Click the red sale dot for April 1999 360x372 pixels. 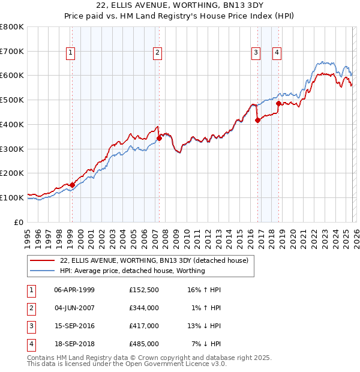pos(72,185)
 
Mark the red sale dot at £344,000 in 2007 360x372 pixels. pos(159,138)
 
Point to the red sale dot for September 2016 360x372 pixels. pos(257,120)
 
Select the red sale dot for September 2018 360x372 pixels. pos(278,103)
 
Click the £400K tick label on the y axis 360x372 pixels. pos(12,124)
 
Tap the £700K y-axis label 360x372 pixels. pos(12,51)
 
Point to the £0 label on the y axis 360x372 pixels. pos(19,221)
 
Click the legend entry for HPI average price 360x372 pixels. pos(132,271)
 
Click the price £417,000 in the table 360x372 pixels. pos(144,326)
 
